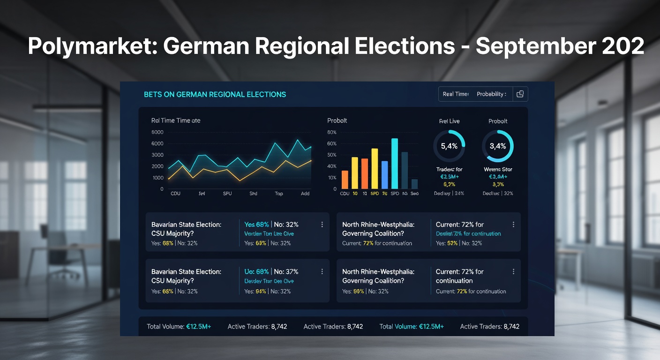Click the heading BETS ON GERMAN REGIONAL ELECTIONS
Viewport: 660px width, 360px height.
point(215,94)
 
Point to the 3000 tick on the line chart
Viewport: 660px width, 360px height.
point(158,155)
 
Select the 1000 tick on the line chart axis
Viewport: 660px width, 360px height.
point(158,178)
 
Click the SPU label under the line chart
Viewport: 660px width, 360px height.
point(227,193)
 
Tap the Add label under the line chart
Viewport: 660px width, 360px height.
point(305,193)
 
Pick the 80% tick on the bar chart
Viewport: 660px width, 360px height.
point(332,132)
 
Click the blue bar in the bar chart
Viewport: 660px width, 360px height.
point(384,174)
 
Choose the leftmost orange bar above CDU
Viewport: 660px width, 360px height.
point(345,179)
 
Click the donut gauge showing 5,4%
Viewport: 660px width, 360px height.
point(449,146)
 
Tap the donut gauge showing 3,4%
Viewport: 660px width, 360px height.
point(498,146)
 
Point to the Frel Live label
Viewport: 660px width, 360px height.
point(449,121)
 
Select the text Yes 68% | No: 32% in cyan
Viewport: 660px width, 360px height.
point(271,225)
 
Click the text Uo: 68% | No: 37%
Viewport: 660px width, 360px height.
point(271,271)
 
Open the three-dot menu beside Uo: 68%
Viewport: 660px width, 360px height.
point(322,271)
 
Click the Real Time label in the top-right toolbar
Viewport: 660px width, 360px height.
point(456,94)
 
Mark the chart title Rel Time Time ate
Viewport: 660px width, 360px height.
point(176,120)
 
